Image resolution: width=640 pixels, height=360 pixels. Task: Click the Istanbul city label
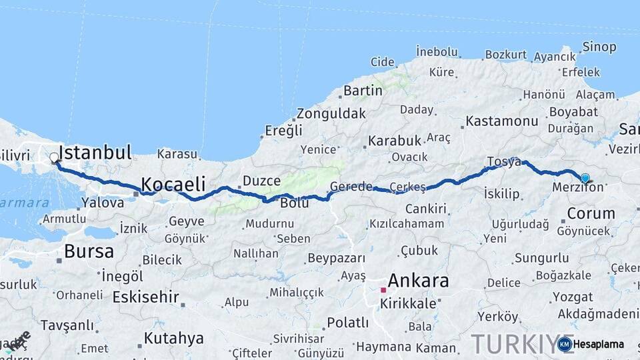pyautogui.click(x=95, y=152)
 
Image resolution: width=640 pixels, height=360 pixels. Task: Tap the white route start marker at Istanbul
pyautogui.click(x=54, y=158)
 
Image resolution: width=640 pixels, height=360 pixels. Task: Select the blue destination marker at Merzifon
pyautogui.click(x=585, y=178)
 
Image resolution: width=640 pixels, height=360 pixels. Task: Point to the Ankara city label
pyautogui.click(x=418, y=280)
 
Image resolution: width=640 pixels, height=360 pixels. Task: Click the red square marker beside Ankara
pyautogui.click(x=383, y=290)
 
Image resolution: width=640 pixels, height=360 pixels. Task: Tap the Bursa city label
pyautogui.click(x=89, y=251)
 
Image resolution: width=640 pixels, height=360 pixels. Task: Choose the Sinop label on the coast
pyautogui.click(x=599, y=47)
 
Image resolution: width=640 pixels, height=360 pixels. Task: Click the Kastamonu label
pyautogui.click(x=502, y=121)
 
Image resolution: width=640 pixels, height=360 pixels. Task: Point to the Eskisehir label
pyautogui.click(x=147, y=296)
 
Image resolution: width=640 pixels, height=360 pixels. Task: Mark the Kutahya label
pyautogui.click(x=173, y=338)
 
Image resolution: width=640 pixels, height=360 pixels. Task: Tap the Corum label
pyautogui.click(x=590, y=213)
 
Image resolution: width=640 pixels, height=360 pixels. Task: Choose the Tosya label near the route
pyautogui.click(x=503, y=162)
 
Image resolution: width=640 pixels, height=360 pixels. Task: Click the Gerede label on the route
pyautogui.click(x=351, y=187)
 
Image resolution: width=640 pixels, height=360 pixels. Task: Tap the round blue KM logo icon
pyautogui.click(x=564, y=344)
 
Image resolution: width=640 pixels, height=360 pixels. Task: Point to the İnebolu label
pyautogui.click(x=437, y=51)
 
